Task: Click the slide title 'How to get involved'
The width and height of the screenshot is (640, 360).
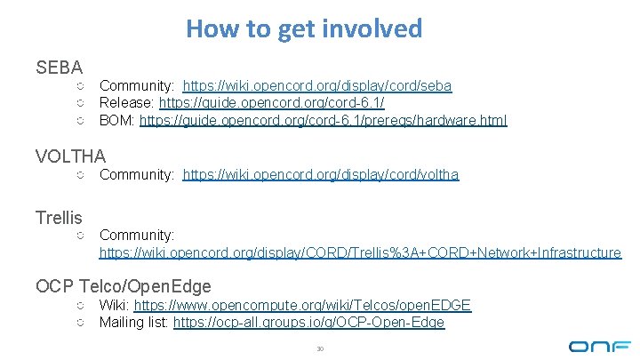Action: (x=304, y=28)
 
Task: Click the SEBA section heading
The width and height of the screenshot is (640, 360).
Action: (x=60, y=68)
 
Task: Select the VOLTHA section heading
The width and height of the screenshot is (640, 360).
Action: (x=71, y=156)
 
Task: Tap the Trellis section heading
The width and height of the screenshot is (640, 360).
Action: (x=59, y=218)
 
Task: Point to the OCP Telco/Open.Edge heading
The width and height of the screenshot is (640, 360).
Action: (x=124, y=286)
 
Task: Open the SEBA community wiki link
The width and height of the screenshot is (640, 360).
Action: (x=317, y=86)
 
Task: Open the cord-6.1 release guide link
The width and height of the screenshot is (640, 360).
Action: (x=271, y=103)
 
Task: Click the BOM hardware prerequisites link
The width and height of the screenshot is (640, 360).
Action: (x=324, y=120)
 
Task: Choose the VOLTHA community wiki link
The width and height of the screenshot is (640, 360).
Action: (x=321, y=175)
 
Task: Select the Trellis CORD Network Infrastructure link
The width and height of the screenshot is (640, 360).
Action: (x=360, y=253)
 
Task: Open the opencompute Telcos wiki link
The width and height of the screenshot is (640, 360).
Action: (x=302, y=306)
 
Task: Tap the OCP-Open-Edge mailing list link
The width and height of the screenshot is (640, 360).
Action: (x=308, y=323)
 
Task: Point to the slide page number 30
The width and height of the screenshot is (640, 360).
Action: (x=320, y=348)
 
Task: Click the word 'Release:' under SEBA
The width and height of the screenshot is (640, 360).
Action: (x=127, y=103)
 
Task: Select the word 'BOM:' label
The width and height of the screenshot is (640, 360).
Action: (x=117, y=120)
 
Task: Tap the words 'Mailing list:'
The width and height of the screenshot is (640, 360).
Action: (x=134, y=323)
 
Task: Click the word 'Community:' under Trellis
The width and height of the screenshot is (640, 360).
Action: (x=137, y=236)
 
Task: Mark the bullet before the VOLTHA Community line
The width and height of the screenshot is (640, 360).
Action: (x=79, y=175)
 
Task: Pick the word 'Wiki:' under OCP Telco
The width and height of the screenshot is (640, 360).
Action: (x=115, y=306)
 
